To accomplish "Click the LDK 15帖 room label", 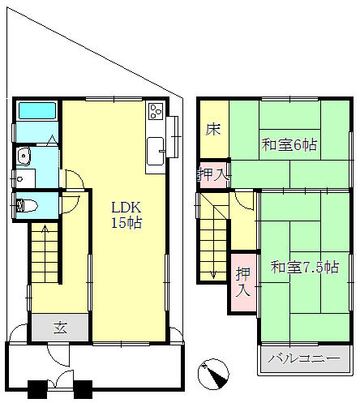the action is [126, 215].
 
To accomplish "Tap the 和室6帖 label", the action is [289, 145].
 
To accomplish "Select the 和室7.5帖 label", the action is [305, 268].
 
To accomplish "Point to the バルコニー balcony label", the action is [304, 359].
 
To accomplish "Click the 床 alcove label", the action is [213, 130].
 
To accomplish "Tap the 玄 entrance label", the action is [60, 328].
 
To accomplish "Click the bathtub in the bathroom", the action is [37, 111].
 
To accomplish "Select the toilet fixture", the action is [27, 206].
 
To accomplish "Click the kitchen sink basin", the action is [155, 151].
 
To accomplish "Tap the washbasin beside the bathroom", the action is [24, 156].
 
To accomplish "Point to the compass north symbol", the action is [213, 375].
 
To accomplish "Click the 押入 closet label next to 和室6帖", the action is [213, 174].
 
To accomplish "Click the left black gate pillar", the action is [37, 389].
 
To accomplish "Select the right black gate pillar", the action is [83, 389].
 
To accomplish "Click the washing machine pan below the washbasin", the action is [26, 178].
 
